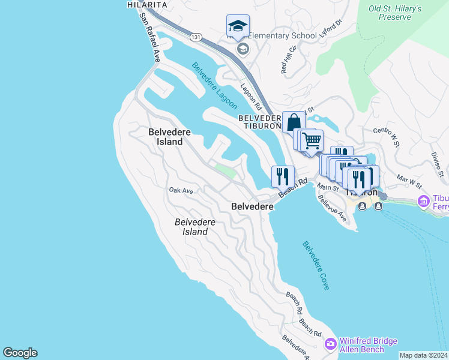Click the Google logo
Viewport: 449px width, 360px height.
tap(20, 353)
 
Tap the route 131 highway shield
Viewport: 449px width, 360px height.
tap(196, 37)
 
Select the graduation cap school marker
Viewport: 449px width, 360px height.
tap(238, 26)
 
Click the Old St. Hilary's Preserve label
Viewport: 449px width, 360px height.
tap(395, 13)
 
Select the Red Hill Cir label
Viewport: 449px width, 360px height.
tap(289, 59)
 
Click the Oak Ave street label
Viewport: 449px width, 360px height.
tap(181, 190)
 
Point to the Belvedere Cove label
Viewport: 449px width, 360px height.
tap(316, 265)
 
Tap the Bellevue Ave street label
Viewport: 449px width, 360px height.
tap(332, 208)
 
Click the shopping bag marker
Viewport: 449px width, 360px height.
tap(294, 122)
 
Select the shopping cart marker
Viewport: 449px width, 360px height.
tap(312, 141)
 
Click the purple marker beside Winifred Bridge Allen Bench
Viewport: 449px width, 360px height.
tap(330, 344)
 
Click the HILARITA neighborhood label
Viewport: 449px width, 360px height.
tap(147, 4)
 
